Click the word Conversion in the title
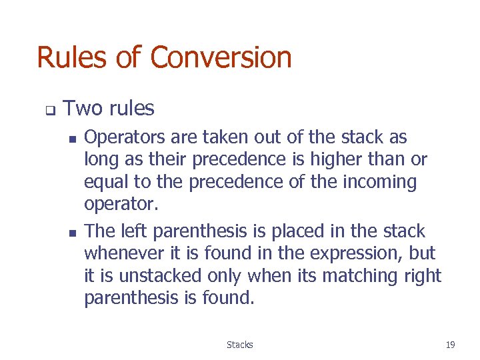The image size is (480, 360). [x=221, y=57]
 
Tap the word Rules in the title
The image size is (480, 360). [x=71, y=57]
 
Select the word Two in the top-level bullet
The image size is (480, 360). [x=83, y=108]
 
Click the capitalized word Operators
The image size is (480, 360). [x=125, y=138]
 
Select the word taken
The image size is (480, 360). [x=221, y=137]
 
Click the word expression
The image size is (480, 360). [x=347, y=254]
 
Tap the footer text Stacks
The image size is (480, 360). [x=239, y=345]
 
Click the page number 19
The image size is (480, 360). [x=450, y=345]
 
